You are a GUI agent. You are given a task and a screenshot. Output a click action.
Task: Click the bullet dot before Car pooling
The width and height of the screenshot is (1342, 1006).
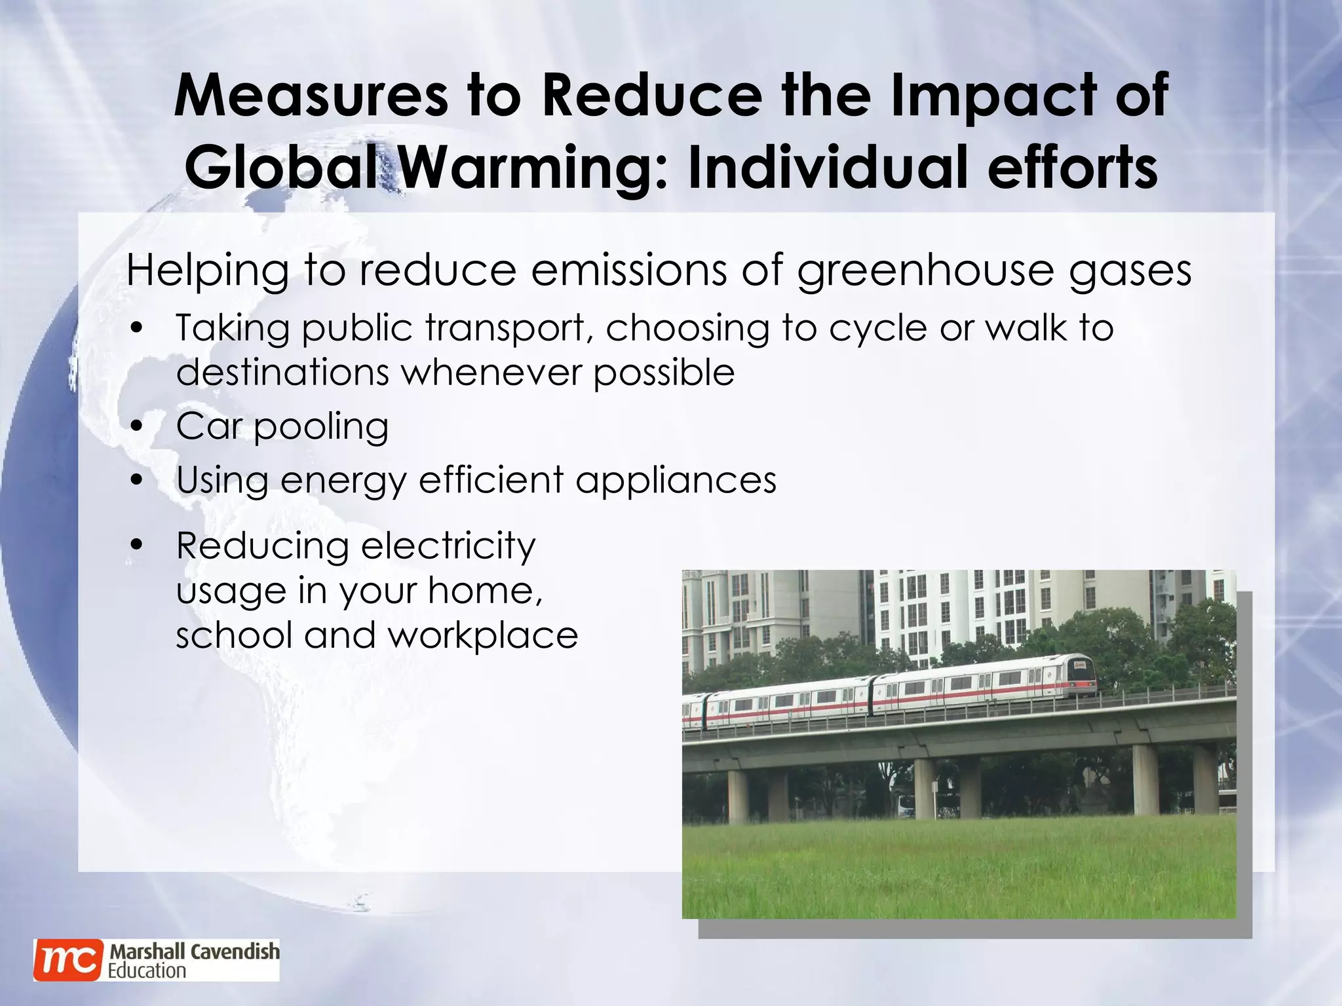pos(136,427)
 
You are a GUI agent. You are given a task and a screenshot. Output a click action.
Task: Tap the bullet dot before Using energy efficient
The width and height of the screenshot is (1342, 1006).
pos(136,480)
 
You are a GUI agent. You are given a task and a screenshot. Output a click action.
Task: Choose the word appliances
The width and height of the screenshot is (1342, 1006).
pos(676,481)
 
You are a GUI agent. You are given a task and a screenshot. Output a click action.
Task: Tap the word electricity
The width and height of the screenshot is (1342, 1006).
pos(448,546)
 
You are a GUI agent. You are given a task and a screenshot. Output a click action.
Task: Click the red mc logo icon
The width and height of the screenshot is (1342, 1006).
pos(68,959)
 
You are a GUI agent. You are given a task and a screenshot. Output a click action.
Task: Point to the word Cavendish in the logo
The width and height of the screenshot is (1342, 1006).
pos(235,951)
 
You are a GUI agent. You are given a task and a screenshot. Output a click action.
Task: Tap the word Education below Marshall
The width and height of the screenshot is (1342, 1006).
pos(147,970)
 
